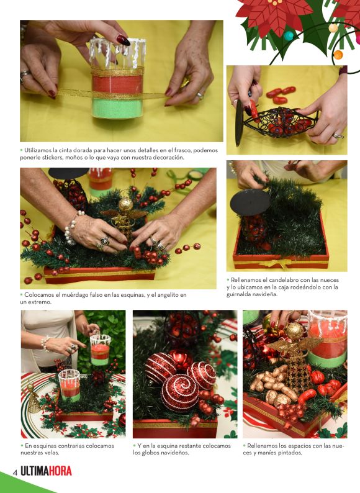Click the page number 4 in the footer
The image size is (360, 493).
(14, 473)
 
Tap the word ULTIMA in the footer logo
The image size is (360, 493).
(34, 471)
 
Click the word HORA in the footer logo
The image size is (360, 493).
(60, 471)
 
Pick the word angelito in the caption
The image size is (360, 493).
(167, 295)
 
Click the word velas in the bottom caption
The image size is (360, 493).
(52, 453)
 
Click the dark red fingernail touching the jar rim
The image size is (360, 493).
(124, 40)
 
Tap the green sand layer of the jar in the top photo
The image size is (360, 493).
(117, 108)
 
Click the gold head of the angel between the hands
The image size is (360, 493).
(125, 205)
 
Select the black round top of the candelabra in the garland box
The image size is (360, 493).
(250, 202)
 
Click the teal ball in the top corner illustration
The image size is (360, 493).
(289, 36)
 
